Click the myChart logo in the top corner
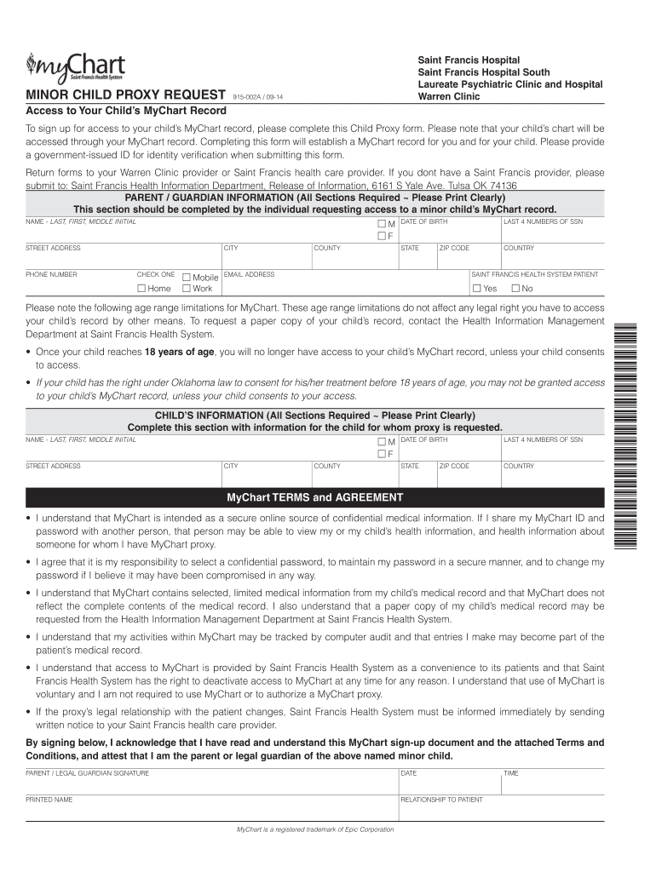76,66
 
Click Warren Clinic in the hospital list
448,96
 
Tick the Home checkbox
142,289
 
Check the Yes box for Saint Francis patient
478,289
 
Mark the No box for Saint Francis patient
515,289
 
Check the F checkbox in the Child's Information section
382,454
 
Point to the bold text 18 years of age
179,353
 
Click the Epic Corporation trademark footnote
314,829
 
